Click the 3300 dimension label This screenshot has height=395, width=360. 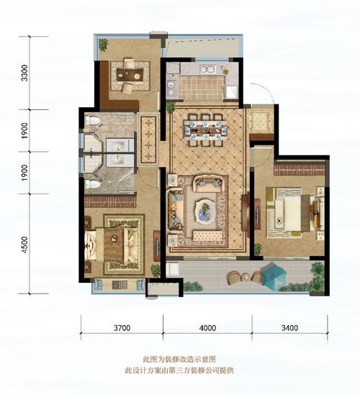pyautogui.click(x=24, y=73)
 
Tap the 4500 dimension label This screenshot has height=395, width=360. pyautogui.click(x=25, y=245)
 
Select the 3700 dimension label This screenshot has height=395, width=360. pyautogui.click(x=122, y=328)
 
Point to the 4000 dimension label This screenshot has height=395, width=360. pyautogui.click(x=207, y=328)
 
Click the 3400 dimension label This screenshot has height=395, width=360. pyautogui.click(x=289, y=328)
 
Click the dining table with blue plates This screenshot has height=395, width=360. pyautogui.click(x=206, y=130)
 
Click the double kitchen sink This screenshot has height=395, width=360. pyautogui.click(x=207, y=69)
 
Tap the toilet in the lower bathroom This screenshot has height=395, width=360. pyautogui.click(x=92, y=184)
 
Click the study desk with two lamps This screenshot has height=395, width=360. pyautogui.click(x=130, y=75)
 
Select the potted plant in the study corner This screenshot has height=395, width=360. pyautogui.click(x=104, y=45)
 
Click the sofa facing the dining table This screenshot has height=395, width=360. pyautogui.click(x=208, y=183)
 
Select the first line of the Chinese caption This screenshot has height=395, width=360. pyautogui.click(x=179, y=359)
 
